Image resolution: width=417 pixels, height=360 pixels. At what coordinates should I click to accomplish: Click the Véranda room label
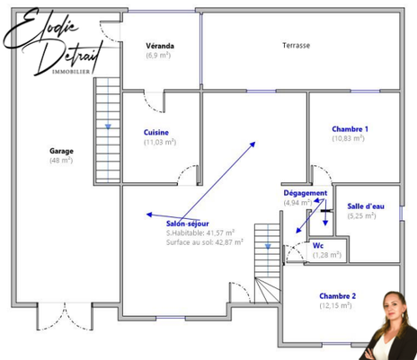click(x=160, y=46)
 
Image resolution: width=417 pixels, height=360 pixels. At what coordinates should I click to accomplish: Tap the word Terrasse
click(x=296, y=46)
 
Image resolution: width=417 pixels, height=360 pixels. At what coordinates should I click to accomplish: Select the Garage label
click(x=61, y=151)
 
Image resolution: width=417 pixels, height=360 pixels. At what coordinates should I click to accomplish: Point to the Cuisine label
click(x=156, y=133)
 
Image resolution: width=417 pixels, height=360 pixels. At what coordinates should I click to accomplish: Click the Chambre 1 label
click(x=350, y=128)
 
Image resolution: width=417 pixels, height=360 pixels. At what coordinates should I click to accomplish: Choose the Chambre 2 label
click(x=337, y=295)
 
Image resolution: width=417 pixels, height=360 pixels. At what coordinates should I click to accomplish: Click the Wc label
click(x=318, y=245)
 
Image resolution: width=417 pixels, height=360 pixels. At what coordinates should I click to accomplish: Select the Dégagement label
click(x=305, y=193)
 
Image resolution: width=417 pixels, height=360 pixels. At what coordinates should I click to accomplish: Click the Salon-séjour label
click(x=189, y=224)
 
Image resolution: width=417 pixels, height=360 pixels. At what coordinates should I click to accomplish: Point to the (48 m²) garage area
click(x=61, y=161)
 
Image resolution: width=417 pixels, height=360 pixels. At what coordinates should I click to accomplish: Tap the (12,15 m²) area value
click(x=337, y=305)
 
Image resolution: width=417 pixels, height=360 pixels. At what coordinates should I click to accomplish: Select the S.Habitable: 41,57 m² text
click(x=200, y=233)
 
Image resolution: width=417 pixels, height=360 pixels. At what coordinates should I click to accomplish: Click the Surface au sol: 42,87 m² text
click(x=205, y=241)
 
